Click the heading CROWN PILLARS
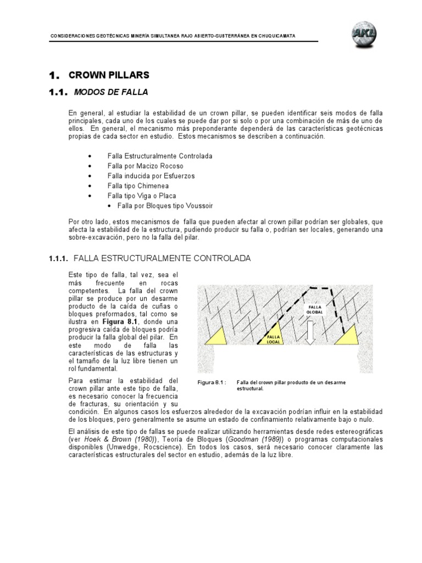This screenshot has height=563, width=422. click(108, 75)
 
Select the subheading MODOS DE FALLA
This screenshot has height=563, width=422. click(108, 91)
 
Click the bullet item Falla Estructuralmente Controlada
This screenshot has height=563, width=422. click(159, 156)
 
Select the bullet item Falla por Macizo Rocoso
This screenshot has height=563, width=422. click(145, 166)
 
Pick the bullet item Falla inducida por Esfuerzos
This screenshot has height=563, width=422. click(151, 176)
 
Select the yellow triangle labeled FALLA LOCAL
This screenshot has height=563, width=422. click(273, 335)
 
